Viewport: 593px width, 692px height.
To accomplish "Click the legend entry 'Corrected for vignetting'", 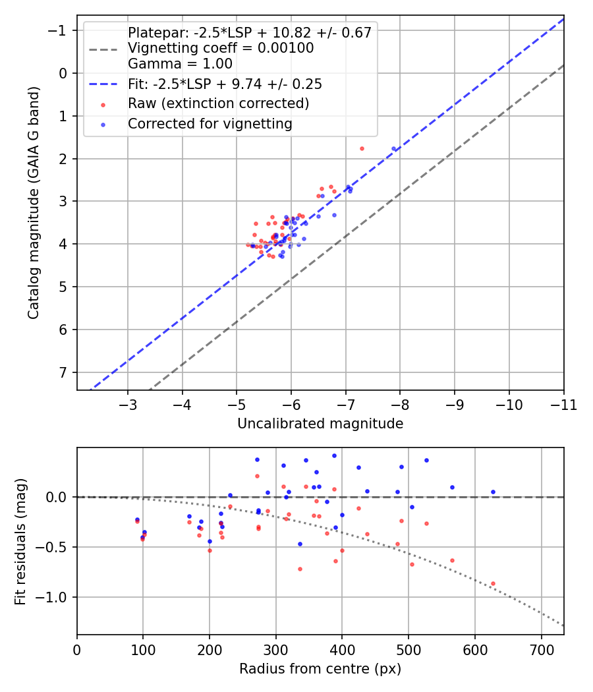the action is (210, 124).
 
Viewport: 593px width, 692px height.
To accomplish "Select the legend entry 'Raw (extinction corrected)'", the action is (218, 103).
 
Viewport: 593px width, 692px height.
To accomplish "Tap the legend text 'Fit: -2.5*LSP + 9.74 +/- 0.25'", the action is (225, 84).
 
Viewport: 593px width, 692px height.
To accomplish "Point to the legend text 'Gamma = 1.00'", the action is (180, 64).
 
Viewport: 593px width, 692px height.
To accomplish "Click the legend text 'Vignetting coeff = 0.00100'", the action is (221, 48).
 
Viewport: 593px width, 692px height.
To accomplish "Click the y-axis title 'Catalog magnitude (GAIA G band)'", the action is (34, 202).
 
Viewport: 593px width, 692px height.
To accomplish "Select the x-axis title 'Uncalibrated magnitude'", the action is (320, 424).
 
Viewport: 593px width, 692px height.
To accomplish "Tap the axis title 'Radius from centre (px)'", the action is (320, 669).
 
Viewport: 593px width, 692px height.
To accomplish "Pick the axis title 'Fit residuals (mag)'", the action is (20, 542).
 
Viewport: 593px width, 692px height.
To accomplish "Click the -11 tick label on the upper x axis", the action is (563, 405).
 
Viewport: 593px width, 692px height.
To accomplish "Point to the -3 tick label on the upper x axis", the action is (128, 405).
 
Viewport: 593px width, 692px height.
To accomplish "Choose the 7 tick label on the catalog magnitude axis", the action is (63, 372).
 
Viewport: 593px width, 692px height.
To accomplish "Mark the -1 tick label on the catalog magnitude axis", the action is (58, 30).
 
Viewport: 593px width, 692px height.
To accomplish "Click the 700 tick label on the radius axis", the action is (542, 650).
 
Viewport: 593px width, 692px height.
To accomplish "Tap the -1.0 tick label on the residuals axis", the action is (51, 598).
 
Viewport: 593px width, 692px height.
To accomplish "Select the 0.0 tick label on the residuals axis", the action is (57, 498).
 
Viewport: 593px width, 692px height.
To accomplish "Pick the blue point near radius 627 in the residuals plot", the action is (493, 492).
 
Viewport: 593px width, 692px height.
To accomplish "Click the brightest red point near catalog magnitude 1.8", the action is (362, 149).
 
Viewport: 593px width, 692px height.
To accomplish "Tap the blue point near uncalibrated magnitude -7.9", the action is (393, 149).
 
